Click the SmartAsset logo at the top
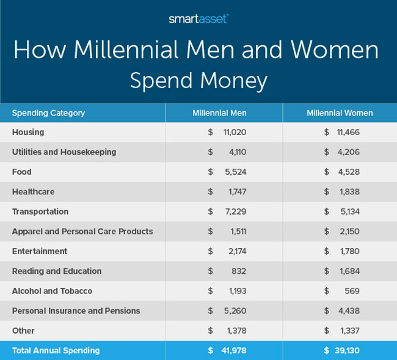198,19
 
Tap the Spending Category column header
48,113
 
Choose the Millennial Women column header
340,113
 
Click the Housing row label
28,132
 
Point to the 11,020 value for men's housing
235,132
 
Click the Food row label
22,172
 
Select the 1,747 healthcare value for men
236,192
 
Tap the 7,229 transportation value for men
235,211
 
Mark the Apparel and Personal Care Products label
82,232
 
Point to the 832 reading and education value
238,271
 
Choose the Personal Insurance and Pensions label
76,311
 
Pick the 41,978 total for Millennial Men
233,351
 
